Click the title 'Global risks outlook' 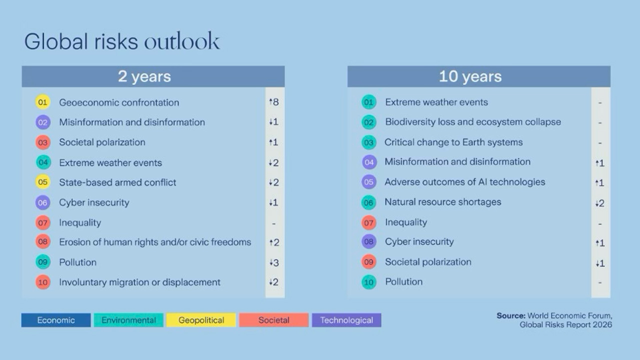pos(122,41)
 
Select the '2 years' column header pos(144,76)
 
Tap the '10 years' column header pos(470,76)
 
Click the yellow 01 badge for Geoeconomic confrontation pos(42,102)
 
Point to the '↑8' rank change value pos(273,102)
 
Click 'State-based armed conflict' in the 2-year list pos(117,182)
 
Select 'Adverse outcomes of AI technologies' pos(464,182)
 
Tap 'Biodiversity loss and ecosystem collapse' pos(472,122)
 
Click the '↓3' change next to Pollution pos(273,262)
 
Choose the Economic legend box pos(56,320)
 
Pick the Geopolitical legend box pos(201,320)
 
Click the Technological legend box pos(346,320)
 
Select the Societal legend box pos(273,320)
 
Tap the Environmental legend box pos(128,320)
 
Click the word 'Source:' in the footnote pos(510,316)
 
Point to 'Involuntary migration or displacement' pos(139,282)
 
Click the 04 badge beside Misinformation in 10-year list pos(369,162)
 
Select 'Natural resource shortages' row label pos(442,202)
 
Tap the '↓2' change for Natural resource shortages pos(599,203)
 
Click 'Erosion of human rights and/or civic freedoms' pos(155,242)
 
